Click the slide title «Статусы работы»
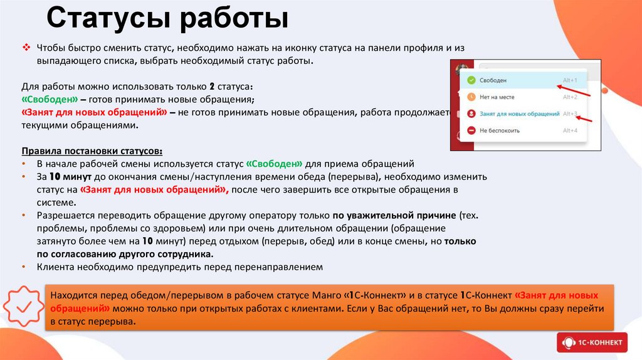point(167,18)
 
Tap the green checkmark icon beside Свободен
point(471,80)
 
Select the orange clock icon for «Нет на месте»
point(471,97)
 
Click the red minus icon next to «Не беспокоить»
point(471,130)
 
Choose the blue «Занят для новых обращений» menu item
point(519,114)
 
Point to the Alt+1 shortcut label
point(569,80)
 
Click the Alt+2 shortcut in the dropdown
point(569,97)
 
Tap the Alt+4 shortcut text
point(569,130)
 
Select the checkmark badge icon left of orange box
point(24,307)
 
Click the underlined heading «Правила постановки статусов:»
point(92,151)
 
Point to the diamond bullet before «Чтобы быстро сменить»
point(26,48)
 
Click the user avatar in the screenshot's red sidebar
point(463,68)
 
